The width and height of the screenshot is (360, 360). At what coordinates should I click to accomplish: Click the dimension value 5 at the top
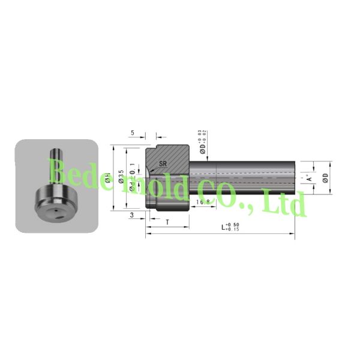132,133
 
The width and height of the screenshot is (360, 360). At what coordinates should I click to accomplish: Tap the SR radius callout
163,163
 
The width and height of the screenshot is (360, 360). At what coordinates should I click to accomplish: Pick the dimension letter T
166,221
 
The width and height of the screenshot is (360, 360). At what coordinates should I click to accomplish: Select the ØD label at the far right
325,178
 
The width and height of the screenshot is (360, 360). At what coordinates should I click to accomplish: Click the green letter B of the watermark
59,171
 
